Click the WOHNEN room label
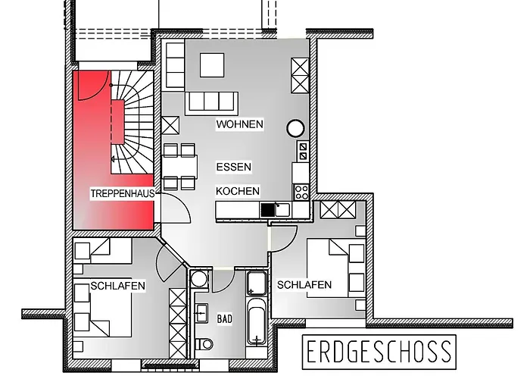pos(240,124)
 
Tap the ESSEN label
pos(234,167)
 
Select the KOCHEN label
pos(238,191)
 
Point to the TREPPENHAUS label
pos(123,193)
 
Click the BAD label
pos(225,319)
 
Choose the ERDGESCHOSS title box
pos(379,352)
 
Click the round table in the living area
pos(296,128)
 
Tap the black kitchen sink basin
pos(267,210)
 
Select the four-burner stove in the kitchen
pos(301,193)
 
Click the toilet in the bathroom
pos(205,344)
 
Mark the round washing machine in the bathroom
pos(198,279)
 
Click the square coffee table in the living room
pos(212,65)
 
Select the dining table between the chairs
pos(179,167)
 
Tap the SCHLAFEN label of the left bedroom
pos(117,286)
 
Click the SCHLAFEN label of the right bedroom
pos(304,285)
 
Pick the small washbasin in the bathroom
pos(201,313)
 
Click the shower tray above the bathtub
pos(257,283)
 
